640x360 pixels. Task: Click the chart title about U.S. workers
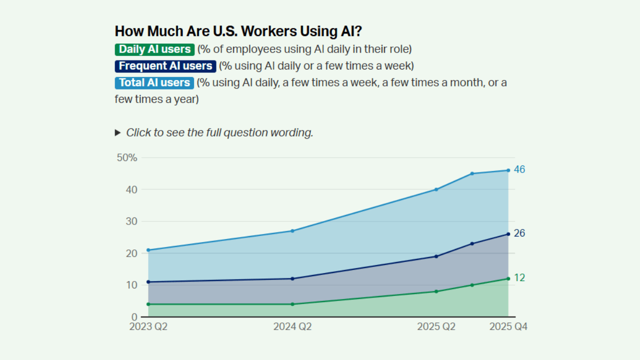pyautogui.click(x=238, y=31)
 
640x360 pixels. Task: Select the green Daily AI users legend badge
pyautogui.click(x=154, y=49)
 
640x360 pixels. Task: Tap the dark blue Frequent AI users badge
pyautogui.click(x=165, y=66)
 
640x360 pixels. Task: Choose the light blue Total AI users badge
pyautogui.click(x=154, y=83)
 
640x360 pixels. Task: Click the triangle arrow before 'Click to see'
pyautogui.click(x=118, y=133)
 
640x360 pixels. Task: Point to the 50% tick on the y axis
pyautogui.click(x=126, y=158)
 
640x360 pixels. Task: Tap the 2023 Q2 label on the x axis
pyautogui.click(x=148, y=327)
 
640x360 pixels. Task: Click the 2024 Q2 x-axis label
pyautogui.click(x=292, y=327)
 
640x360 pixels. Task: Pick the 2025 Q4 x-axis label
pyautogui.click(x=508, y=327)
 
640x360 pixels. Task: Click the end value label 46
pyautogui.click(x=519, y=170)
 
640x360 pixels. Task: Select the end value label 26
pyautogui.click(x=519, y=233)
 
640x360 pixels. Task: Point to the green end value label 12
pyautogui.click(x=519, y=278)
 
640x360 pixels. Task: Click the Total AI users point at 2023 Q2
pyautogui.click(x=148, y=250)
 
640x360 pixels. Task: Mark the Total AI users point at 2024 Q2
pyautogui.click(x=292, y=231)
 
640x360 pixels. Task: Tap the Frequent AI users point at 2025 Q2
pyautogui.click(x=436, y=256)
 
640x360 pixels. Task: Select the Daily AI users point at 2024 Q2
pyautogui.click(x=292, y=304)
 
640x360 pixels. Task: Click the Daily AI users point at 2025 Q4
pyautogui.click(x=508, y=278)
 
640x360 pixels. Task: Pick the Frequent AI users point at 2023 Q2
pyautogui.click(x=148, y=282)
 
